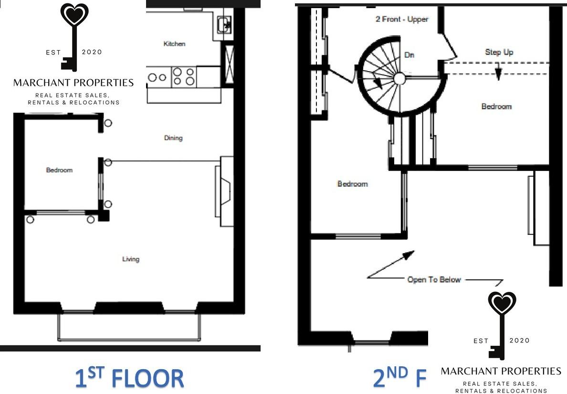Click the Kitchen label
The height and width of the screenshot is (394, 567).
[x=174, y=44]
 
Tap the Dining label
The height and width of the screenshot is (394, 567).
[x=173, y=138]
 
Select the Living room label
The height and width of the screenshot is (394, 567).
[x=131, y=259]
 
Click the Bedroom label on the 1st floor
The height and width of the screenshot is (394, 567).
[x=59, y=170]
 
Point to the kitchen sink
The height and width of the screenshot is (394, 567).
[x=223, y=23]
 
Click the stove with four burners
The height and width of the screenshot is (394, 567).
[x=184, y=76]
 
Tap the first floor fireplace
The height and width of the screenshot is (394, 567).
[x=224, y=191]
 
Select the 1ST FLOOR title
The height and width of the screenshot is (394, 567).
[x=129, y=377]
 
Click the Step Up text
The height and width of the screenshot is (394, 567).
[x=499, y=52]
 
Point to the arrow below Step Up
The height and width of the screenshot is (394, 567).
[x=498, y=73]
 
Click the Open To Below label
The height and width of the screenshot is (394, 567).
[x=434, y=279]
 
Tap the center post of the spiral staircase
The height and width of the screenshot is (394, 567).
[x=399, y=78]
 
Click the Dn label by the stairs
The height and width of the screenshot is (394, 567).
[x=409, y=55]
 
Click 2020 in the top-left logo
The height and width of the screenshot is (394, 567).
[x=92, y=52]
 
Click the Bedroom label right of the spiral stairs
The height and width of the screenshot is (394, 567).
[x=496, y=106]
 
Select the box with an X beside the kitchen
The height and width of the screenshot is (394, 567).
[x=228, y=63]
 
